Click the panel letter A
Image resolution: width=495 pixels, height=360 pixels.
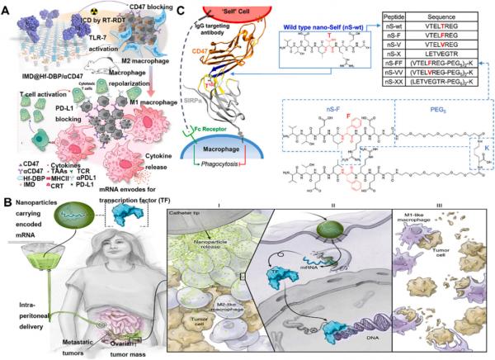point(8,7)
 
